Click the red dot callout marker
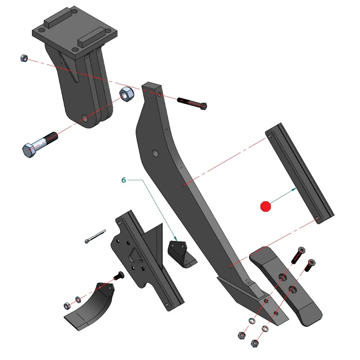click(265, 206)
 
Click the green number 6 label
click(124, 180)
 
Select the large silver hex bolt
click(40, 145)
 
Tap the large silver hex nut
click(127, 94)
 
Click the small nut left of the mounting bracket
click(24, 58)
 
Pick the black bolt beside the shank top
click(192, 104)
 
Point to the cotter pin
click(95, 236)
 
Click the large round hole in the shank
click(155, 153)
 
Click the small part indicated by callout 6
click(181, 253)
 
